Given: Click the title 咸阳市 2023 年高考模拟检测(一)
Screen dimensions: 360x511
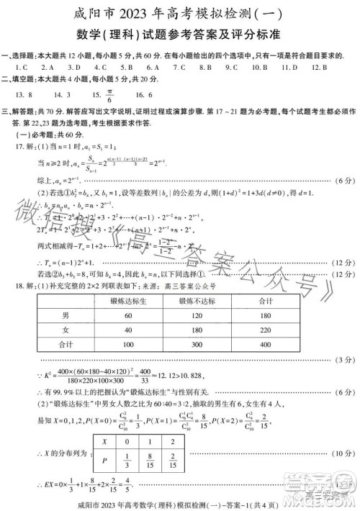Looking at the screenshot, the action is [x=179, y=13].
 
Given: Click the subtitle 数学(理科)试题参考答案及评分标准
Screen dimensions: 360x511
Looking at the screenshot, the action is [x=179, y=35].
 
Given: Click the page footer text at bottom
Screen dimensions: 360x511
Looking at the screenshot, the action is [x=179, y=503].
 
